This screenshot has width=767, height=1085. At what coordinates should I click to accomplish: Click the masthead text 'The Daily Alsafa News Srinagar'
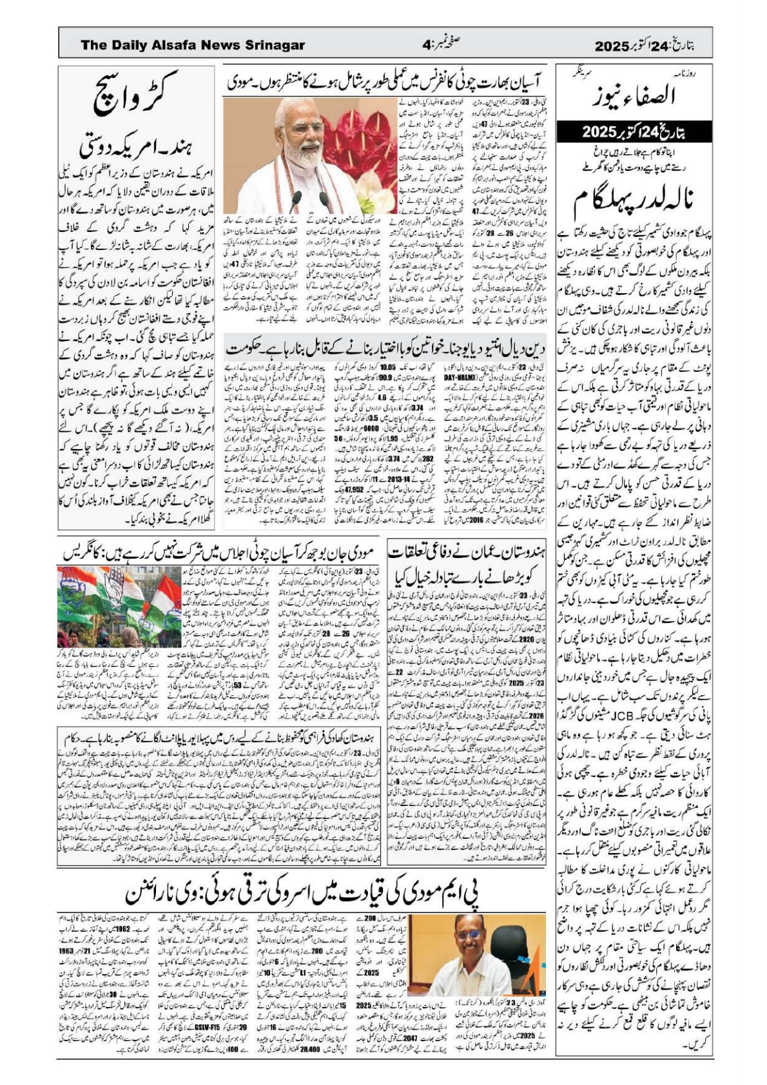193,45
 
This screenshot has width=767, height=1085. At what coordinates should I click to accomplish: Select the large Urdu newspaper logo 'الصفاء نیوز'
634,97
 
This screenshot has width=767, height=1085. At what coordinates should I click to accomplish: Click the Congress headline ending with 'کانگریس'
218,553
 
